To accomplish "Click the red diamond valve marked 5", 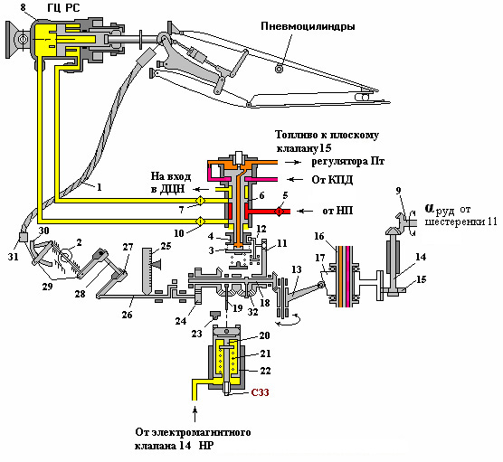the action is [279, 212].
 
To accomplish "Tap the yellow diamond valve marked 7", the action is [201, 201].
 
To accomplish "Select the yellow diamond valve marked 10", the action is [201, 222].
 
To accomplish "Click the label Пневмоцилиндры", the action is [308, 26].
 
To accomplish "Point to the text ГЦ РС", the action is [63, 7].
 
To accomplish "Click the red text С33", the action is [260, 392].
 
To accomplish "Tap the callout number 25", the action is [166, 246].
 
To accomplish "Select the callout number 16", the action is [319, 236].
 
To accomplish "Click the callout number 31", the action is [14, 257].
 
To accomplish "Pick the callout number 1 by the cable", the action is [100, 186].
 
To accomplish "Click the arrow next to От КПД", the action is [296, 179].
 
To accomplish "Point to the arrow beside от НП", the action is [305, 211].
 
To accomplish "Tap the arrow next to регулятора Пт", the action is [293, 162].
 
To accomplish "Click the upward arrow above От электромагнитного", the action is [195, 413].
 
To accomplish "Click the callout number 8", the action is [24, 7].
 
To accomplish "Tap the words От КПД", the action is [332, 180].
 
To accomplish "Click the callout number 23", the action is [196, 334].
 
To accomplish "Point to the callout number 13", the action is [297, 269].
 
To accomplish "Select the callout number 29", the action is [47, 287].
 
